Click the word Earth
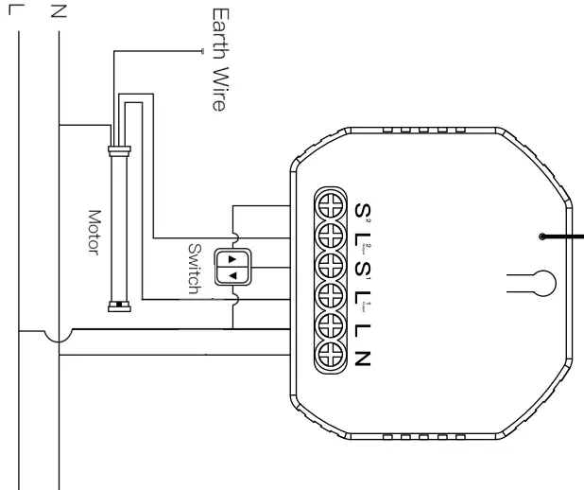click(x=219, y=32)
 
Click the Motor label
click(x=94, y=227)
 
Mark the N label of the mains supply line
click(x=59, y=12)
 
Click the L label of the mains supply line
click(x=20, y=12)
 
